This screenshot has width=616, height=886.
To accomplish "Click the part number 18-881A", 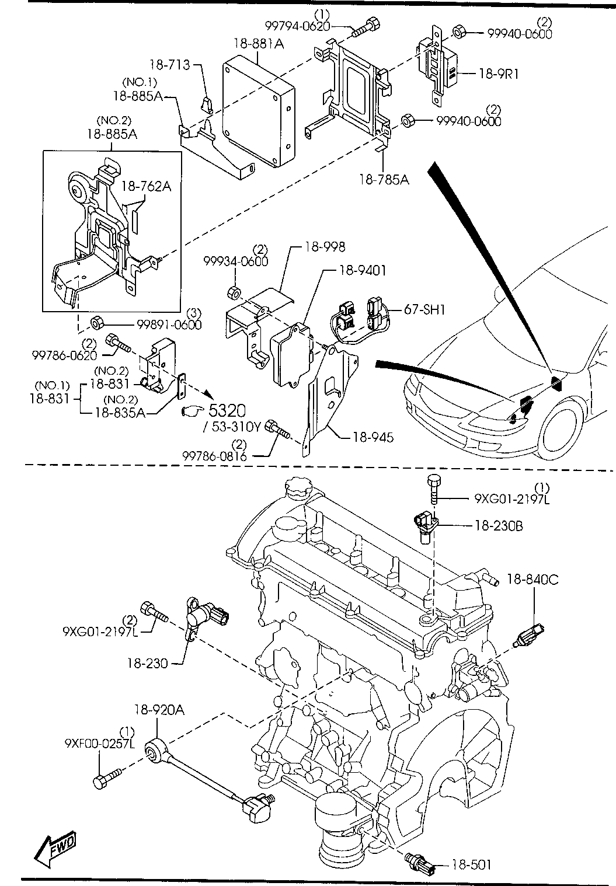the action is click(x=259, y=44).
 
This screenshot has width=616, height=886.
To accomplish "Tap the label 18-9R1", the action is click(x=499, y=74).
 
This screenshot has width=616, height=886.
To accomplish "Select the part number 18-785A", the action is click(x=384, y=180).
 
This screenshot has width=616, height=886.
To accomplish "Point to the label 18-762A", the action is click(x=147, y=186).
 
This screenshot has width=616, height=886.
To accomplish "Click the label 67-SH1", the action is click(x=424, y=309).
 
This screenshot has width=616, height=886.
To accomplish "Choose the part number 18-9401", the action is click(x=363, y=271).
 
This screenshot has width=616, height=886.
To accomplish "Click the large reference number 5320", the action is click(x=227, y=410).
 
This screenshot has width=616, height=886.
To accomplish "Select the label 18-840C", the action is click(x=533, y=580).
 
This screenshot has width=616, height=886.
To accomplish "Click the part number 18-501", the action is click(x=471, y=864).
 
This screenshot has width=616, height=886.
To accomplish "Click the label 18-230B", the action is click(x=499, y=526).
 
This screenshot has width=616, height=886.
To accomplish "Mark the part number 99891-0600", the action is click(x=169, y=325).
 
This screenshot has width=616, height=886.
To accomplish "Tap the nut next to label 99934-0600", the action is click(x=233, y=292).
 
